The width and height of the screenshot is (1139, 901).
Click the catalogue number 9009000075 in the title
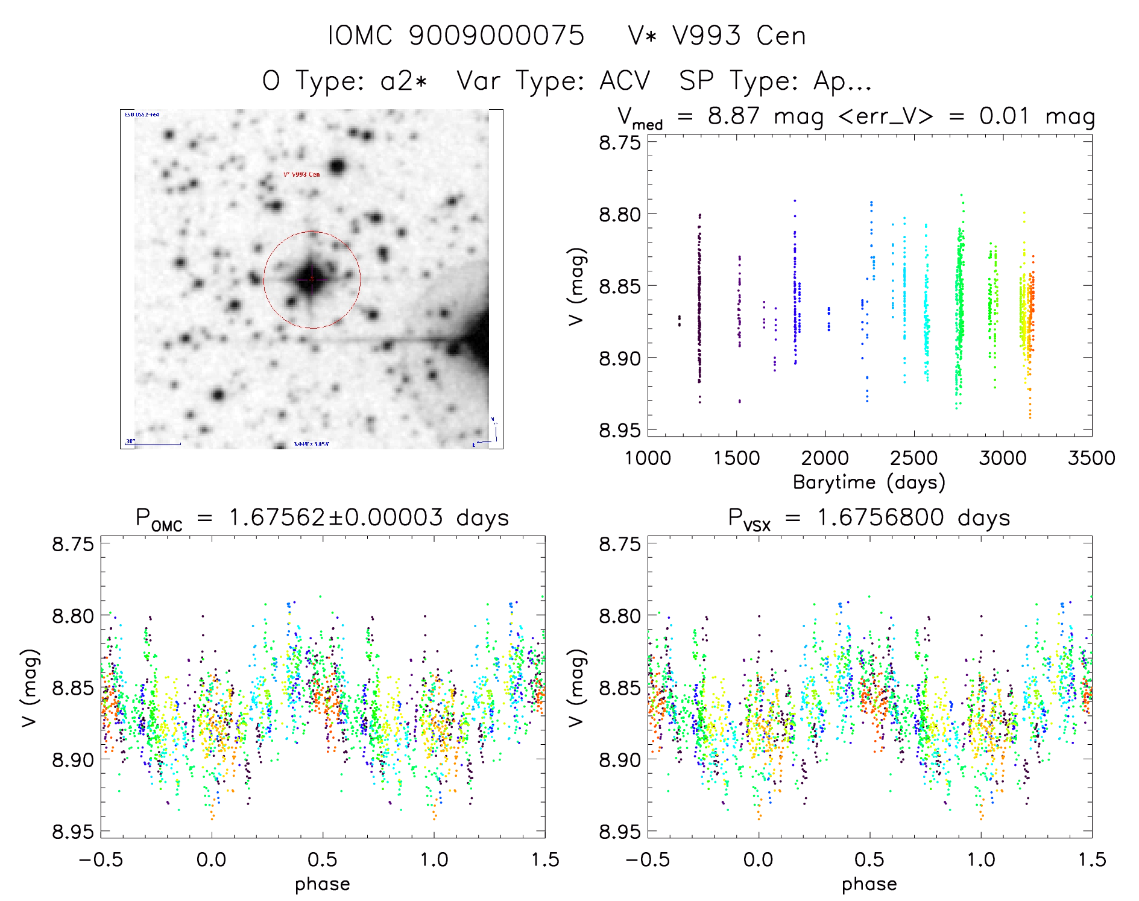click(496, 36)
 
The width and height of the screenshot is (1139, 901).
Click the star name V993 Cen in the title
click(739, 36)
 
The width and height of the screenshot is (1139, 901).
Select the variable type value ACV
click(625, 81)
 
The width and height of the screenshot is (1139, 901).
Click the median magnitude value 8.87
click(733, 116)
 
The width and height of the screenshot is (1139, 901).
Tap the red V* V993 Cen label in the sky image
click(301, 174)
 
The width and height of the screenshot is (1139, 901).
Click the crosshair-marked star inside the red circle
click(311, 279)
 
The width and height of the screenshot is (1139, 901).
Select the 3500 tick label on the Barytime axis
click(1091, 458)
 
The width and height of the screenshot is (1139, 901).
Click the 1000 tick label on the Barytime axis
click(648, 458)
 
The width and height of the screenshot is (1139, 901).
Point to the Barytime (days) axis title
click(869, 482)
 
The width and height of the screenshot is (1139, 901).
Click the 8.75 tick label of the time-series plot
click(619, 143)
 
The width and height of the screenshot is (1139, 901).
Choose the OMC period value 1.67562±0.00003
click(335, 517)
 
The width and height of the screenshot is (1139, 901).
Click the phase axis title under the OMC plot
click(323, 884)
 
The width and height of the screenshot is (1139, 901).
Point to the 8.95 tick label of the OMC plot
click(73, 832)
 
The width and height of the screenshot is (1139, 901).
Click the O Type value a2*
click(403, 81)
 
